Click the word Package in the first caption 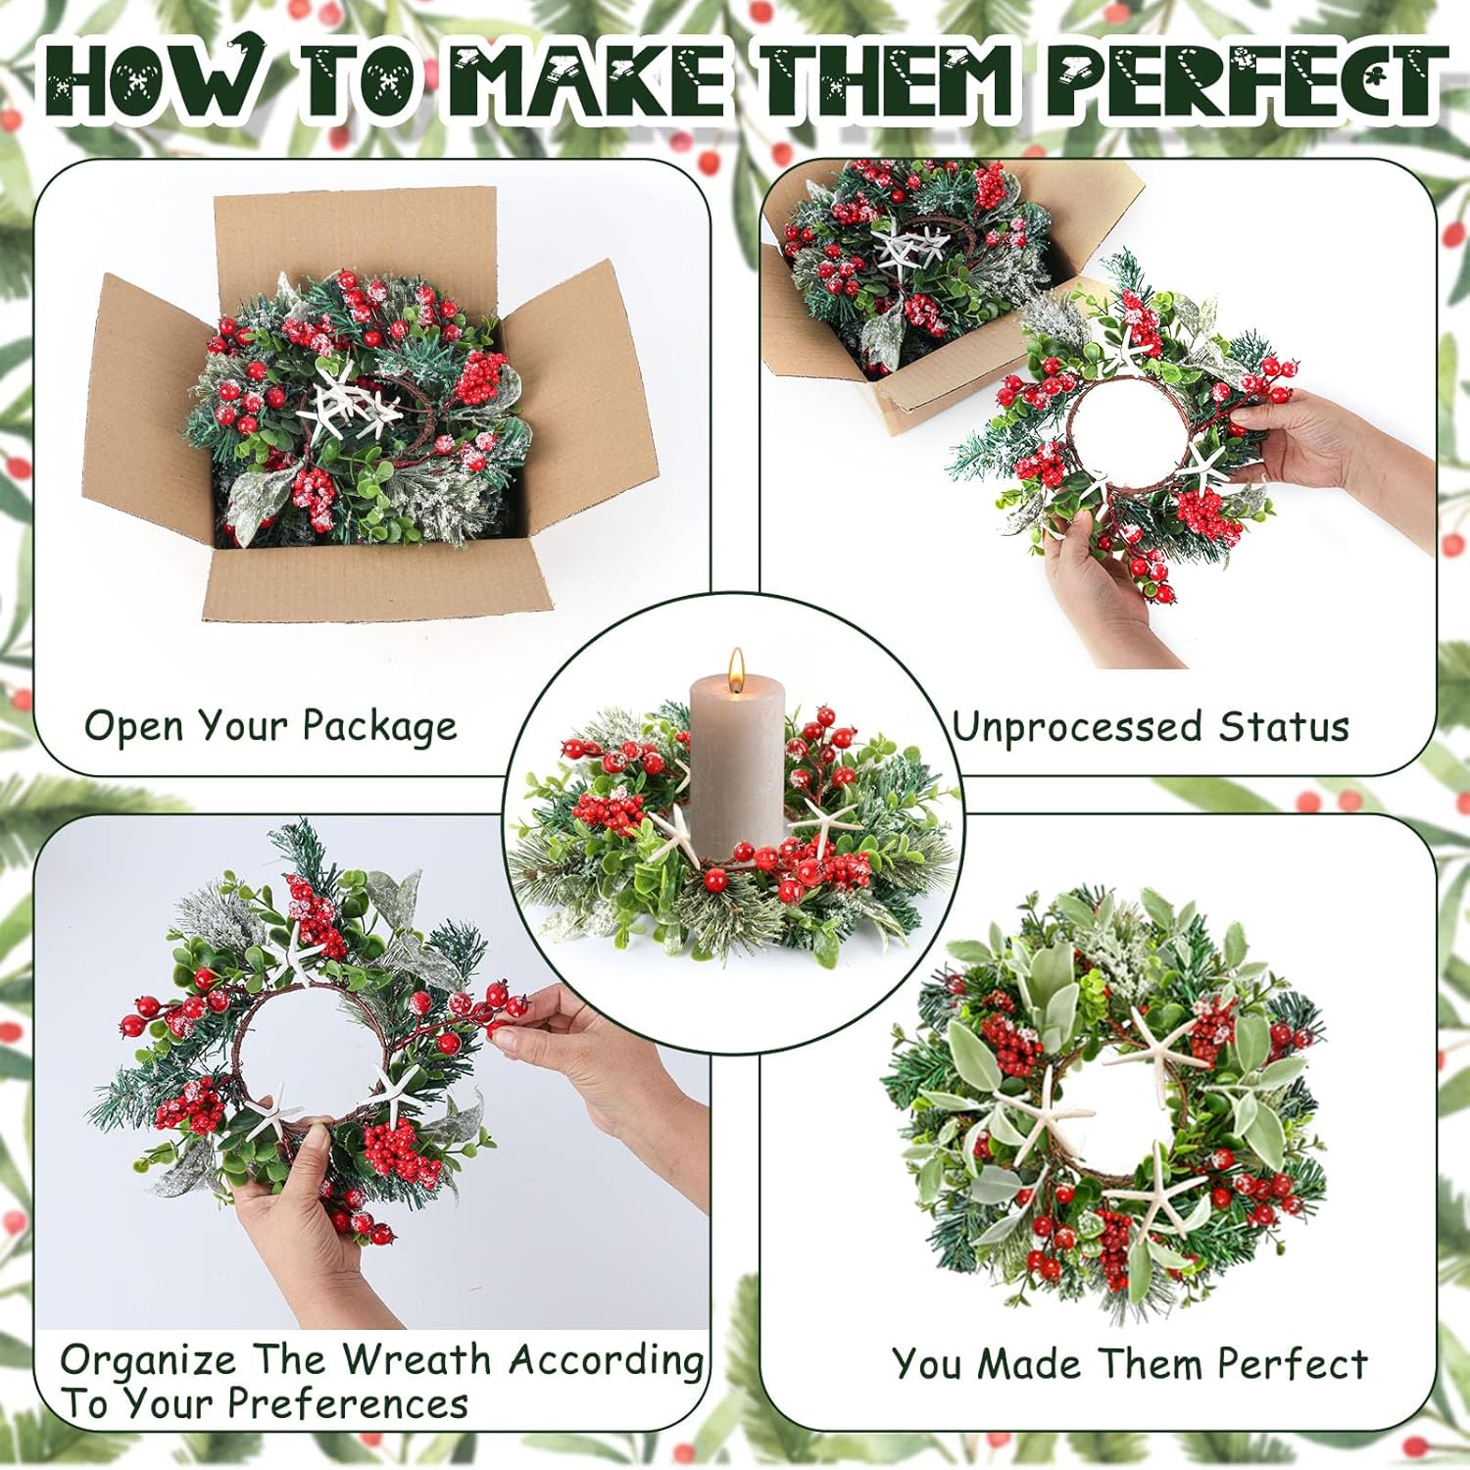pos(379,727)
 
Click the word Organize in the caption pos(147,1361)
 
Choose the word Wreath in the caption pos(416,1360)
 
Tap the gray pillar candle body pos(737,764)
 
